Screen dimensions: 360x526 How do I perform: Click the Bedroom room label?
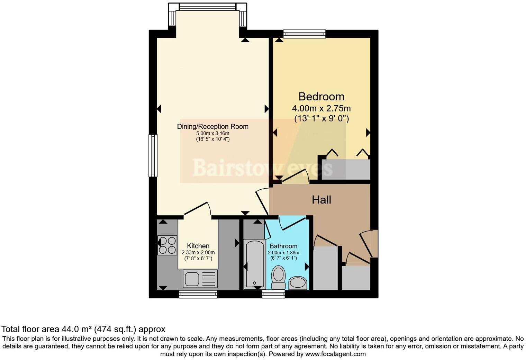pyautogui.click(x=321, y=96)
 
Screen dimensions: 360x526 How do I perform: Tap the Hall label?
pyautogui.click(x=321, y=200)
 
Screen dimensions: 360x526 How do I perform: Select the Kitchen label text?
pyautogui.click(x=198, y=246)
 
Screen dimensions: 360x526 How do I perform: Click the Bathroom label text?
pyautogui.click(x=283, y=246)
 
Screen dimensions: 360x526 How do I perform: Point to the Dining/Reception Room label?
pyautogui.click(x=212, y=126)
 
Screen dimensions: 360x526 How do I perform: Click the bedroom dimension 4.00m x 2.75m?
pyautogui.click(x=321, y=108)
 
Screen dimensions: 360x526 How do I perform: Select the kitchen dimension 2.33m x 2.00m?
pyautogui.click(x=198, y=252)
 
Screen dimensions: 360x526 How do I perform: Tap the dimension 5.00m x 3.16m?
pyautogui.click(x=212, y=133)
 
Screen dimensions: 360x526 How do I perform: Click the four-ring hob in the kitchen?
pyautogui.click(x=167, y=245)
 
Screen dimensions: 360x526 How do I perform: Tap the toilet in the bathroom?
pyautogui.click(x=278, y=277)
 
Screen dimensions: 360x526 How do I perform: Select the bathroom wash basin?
pyautogui.click(x=298, y=283)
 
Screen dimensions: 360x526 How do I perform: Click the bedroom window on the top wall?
pyautogui.click(x=304, y=34)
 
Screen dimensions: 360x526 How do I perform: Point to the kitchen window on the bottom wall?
pyautogui.click(x=198, y=294)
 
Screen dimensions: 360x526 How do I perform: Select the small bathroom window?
pyautogui.click(x=273, y=294)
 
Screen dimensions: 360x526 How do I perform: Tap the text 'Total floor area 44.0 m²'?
pyautogui.click(x=45, y=329)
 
